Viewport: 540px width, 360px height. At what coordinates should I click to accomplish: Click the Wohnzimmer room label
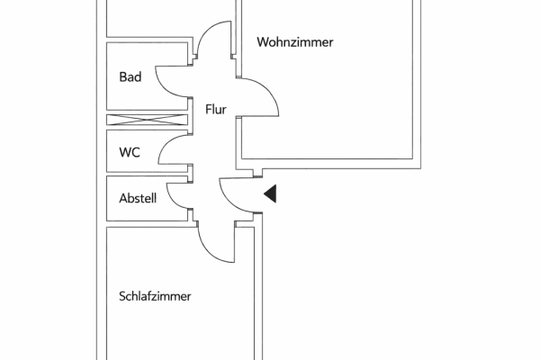[x=294, y=42]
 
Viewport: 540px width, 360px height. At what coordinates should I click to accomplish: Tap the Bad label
[x=130, y=77]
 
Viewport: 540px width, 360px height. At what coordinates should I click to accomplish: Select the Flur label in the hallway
[x=215, y=110]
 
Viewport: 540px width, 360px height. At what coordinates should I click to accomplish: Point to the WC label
[x=130, y=152]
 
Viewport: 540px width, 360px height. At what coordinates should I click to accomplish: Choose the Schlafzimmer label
[x=155, y=296]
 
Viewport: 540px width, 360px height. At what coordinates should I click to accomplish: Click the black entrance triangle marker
[x=269, y=193]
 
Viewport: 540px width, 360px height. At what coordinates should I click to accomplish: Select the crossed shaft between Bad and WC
[x=148, y=120]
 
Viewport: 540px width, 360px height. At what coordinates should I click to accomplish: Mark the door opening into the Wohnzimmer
[x=257, y=97]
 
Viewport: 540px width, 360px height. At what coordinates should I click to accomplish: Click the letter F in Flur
[x=207, y=110]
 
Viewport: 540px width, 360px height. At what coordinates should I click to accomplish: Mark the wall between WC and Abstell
[x=148, y=174]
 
